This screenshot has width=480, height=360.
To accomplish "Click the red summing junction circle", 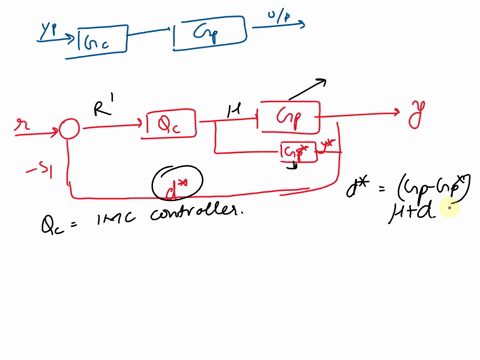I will tap(68, 129).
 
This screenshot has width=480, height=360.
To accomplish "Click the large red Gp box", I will tap(289, 117).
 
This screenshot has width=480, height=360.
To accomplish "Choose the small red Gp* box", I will tap(296, 151).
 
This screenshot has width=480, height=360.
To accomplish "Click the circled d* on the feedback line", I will tap(177, 181).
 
